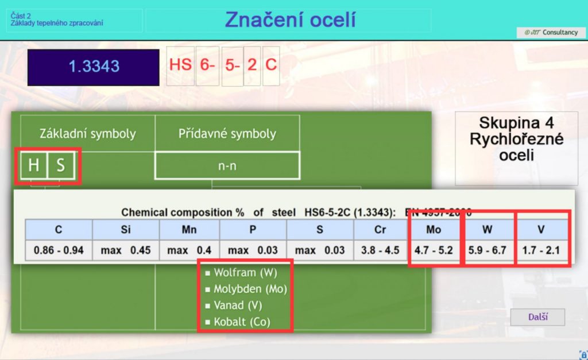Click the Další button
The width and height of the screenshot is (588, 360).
[537, 317]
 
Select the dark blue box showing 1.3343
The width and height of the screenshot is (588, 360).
[94, 67]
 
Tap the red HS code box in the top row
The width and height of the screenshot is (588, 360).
[180, 64]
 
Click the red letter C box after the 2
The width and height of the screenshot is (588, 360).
[271, 64]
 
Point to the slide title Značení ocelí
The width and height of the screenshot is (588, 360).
[290, 20]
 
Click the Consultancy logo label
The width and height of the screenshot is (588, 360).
[551, 33]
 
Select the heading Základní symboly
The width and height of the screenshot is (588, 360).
[87, 134]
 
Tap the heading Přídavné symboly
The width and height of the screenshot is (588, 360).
[227, 134]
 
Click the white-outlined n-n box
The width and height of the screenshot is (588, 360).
[227, 165]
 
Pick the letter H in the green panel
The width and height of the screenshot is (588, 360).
[33, 166]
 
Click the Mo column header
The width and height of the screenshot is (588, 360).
[435, 230]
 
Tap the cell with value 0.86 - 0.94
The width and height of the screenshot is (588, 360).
[59, 250]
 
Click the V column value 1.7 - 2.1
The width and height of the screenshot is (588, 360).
[541, 250]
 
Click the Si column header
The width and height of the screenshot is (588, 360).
[125, 230]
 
